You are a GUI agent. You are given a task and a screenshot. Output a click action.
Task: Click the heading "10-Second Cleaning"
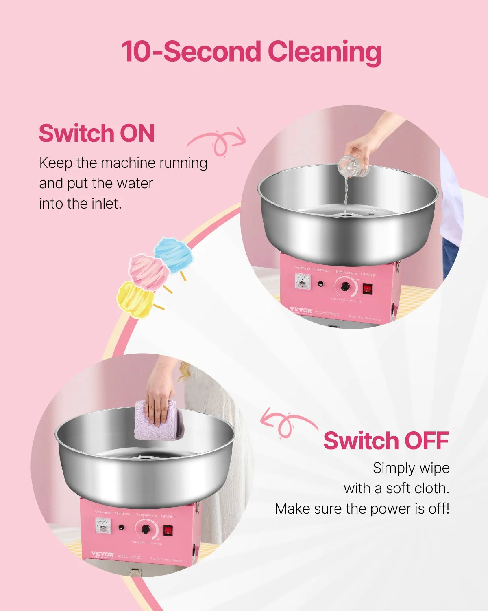(x=251, y=52)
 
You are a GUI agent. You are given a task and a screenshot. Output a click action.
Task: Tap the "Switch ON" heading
(x=97, y=133)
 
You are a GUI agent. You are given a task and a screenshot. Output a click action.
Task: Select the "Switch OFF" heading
(x=386, y=441)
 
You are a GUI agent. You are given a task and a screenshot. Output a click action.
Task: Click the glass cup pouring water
(x=352, y=166)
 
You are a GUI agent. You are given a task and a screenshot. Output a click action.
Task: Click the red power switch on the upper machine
(x=368, y=288)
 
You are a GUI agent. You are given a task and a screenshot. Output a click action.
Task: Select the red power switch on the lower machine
(x=168, y=530)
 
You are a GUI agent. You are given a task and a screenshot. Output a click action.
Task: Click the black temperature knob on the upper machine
(x=345, y=286)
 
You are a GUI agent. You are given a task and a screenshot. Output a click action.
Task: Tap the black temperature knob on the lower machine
(x=146, y=530)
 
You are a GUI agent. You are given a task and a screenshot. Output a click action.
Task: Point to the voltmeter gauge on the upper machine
(x=303, y=281)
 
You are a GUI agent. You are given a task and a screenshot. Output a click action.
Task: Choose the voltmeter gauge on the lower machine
(x=103, y=525)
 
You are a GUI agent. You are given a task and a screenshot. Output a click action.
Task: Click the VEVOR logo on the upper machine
(x=301, y=310)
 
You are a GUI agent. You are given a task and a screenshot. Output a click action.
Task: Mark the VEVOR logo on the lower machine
(x=102, y=554)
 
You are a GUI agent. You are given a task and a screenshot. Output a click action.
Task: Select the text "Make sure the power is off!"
(x=362, y=509)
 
